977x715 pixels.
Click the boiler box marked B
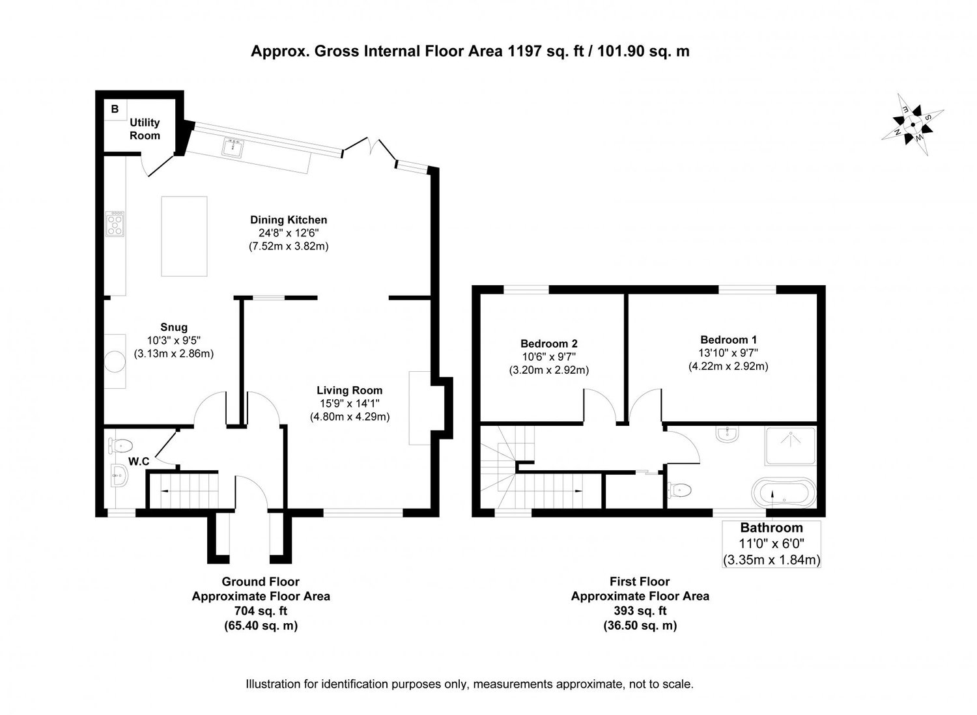115,109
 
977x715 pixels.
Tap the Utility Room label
145,129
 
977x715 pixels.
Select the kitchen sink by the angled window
233,148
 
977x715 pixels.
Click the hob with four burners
116,224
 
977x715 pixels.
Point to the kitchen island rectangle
184,236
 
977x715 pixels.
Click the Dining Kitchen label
289,220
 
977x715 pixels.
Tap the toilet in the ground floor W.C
120,446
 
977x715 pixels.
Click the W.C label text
139,462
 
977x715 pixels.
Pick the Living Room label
350,391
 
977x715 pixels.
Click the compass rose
912,125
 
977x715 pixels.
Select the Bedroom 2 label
549,343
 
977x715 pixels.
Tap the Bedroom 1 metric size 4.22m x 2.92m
728,367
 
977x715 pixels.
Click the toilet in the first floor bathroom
677,490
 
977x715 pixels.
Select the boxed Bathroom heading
771,528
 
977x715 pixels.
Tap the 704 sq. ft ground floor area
261,611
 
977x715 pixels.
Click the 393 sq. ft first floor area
640,611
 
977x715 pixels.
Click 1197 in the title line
518,51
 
